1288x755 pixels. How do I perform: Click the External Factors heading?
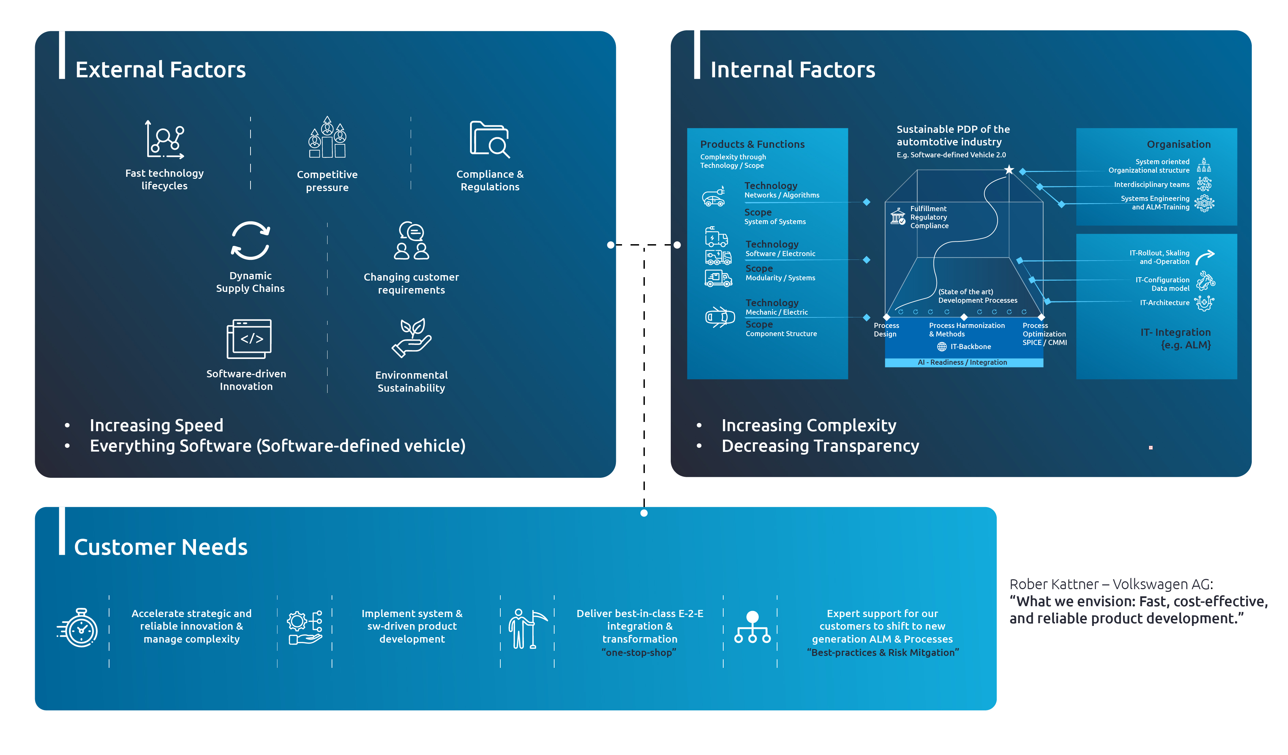[161, 69]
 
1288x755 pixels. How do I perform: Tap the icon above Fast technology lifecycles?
[165, 140]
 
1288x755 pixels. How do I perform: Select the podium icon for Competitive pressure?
[327, 138]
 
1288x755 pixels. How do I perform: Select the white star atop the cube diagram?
[1009, 170]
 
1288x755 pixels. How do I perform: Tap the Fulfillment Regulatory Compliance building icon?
[897, 217]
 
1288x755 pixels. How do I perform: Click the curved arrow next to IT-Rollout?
[1205, 256]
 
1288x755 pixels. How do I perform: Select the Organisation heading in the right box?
[1178, 144]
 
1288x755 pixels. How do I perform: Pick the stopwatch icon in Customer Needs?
[78, 628]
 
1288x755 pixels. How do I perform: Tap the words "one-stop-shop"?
[639, 652]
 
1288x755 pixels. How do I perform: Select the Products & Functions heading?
[752, 144]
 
